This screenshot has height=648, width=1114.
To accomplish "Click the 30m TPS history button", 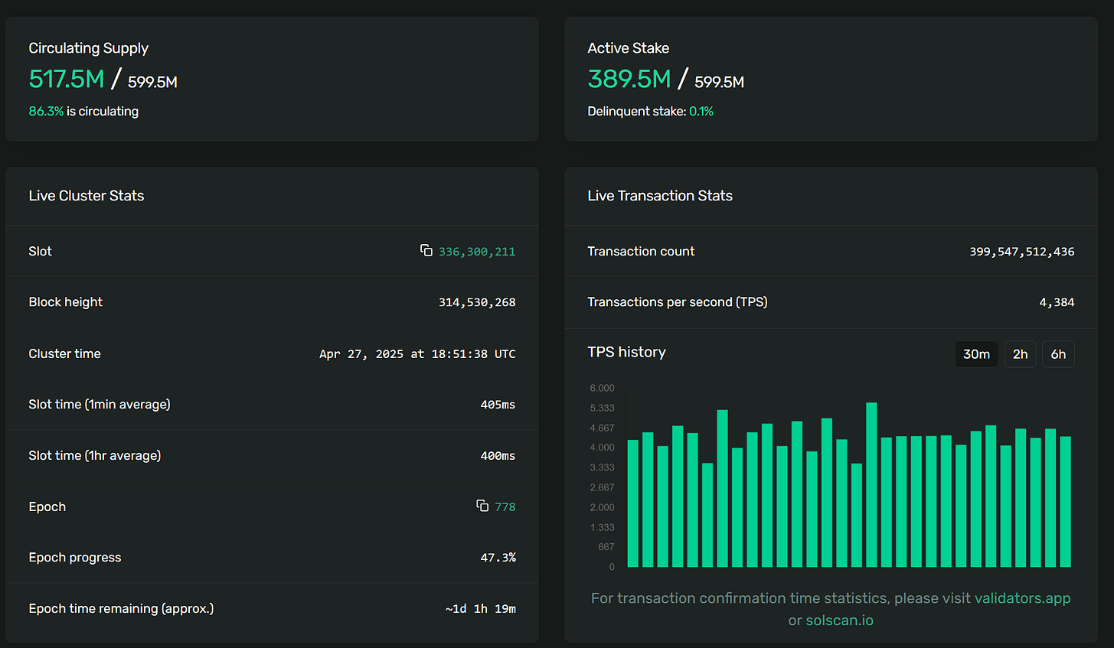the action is click(976, 354).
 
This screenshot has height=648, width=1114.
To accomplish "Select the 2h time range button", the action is click(1020, 354).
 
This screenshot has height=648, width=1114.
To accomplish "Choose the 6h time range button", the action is click(1058, 354).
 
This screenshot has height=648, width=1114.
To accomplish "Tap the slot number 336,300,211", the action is click(477, 252).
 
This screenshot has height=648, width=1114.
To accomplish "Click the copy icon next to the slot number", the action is click(426, 250).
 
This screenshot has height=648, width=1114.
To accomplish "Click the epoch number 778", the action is click(505, 507).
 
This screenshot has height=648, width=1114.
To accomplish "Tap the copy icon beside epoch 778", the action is click(482, 506).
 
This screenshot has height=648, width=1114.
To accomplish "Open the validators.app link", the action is click(1022, 598).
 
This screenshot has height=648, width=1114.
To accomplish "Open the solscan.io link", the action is click(839, 620).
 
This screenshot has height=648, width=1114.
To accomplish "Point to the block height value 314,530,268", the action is click(477, 302).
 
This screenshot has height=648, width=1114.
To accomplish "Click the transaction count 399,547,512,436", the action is click(1022, 252).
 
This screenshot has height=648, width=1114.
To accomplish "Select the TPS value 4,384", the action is click(1057, 302).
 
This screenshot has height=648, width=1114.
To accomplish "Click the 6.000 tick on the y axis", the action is click(603, 388).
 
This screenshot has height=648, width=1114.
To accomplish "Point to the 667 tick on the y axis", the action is click(606, 547).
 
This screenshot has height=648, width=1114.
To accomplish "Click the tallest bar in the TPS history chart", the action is click(871, 484).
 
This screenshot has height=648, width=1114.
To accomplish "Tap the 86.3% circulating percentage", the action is click(46, 111).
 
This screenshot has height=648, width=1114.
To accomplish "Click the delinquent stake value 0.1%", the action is click(701, 111).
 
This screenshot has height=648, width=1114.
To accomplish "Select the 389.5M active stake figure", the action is click(629, 79).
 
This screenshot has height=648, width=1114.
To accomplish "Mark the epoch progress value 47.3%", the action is click(498, 558).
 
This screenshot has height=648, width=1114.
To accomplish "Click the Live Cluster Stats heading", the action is click(87, 196).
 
